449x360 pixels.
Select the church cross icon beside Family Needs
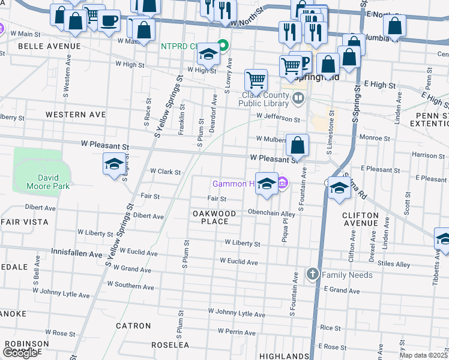[x=312, y=275]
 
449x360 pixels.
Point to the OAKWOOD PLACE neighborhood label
[x=214, y=217]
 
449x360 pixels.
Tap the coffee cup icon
[x=109, y=21]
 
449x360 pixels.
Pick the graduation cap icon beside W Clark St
[x=113, y=164]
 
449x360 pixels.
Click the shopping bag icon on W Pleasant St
[x=298, y=145]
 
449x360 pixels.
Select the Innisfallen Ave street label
[x=77, y=254]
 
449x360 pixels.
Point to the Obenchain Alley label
[x=271, y=213]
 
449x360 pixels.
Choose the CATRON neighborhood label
[x=134, y=326]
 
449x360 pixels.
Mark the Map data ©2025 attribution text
[x=424, y=355]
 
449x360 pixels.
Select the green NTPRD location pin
[x=223, y=45]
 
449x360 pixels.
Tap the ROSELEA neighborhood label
[x=170, y=345]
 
